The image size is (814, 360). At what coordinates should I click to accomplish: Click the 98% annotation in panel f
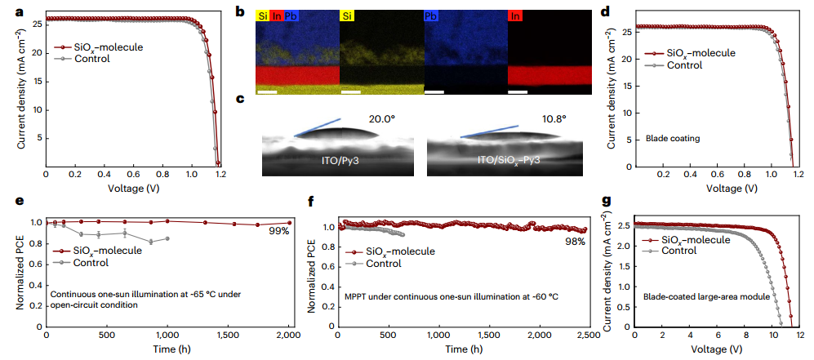point(576,242)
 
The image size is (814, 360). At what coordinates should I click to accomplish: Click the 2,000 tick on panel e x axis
point(290,335)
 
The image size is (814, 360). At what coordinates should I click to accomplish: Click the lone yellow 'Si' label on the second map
point(348,15)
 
